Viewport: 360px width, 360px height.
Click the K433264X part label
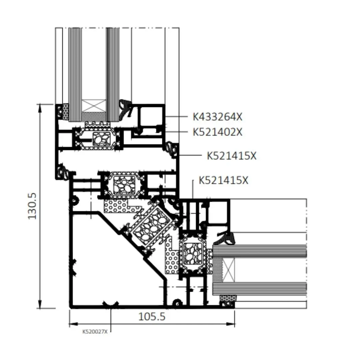pos(217,117)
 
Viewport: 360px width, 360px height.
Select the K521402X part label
pos(217,132)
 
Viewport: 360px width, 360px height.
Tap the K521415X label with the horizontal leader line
pos(232,156)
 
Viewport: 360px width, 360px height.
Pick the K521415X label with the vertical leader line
pos(223,180)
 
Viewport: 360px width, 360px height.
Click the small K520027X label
pos(95,332)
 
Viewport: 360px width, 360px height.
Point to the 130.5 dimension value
pos(32,206)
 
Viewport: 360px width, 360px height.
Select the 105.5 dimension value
pos(152,317)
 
